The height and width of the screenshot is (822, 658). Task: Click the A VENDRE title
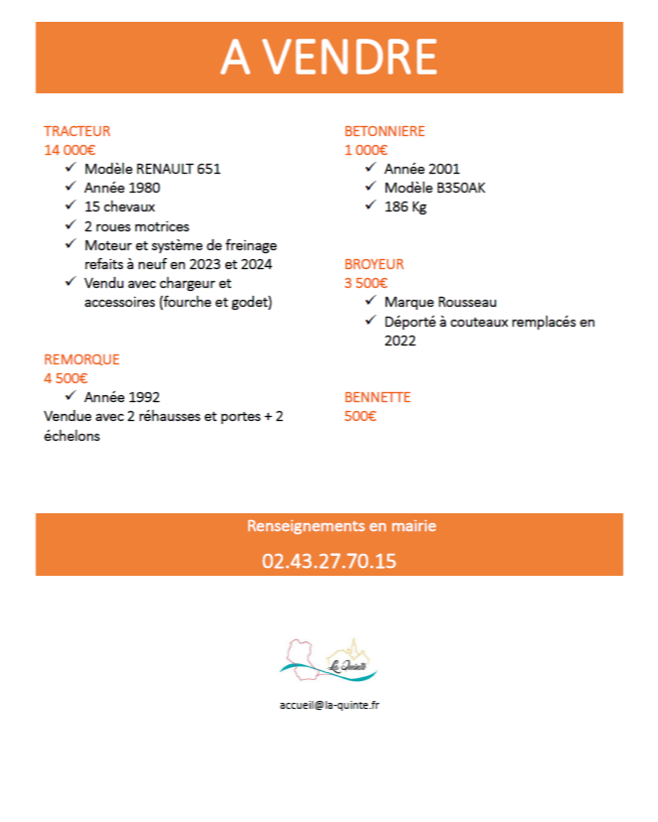pos(329,58)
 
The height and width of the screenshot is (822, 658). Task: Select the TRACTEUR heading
pos(76,131)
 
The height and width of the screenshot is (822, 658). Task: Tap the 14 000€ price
pos(69,150)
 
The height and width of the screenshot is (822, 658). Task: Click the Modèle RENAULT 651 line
pos(152,169)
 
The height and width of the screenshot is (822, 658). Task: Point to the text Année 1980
pos(122,188)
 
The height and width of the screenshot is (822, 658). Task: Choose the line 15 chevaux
pos(120,206)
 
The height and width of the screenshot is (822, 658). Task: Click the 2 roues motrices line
pos(136,225)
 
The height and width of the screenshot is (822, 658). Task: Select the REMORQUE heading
pos(81,359)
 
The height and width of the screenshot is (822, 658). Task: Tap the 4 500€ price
pos(66,377)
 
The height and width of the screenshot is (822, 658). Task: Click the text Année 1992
pos(122,396)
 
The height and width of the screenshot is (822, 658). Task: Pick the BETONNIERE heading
pos(384,131)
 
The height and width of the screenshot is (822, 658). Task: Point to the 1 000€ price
pos(365,150)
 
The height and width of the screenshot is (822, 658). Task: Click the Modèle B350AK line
pos(435,188)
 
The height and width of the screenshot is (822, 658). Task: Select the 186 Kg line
pos(405,206)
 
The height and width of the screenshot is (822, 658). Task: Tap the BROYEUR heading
pos(374,264)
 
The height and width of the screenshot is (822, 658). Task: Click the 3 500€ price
pos(365,283)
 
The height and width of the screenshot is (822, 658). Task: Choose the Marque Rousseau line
pos(440,302)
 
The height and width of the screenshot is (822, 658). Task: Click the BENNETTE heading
pos(377,397)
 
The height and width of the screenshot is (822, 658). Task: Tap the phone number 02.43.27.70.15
pos(329,561)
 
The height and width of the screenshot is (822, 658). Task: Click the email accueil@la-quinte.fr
pos(329,704)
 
